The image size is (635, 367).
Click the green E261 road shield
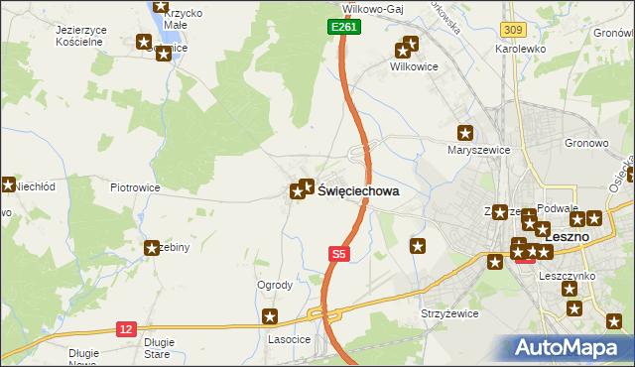coord(344,28)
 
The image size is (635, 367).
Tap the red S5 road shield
coord(339,255)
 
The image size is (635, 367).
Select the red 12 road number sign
coord(126,328)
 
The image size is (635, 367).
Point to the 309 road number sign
coord(513,31)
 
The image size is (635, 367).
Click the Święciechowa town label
coord(358,195)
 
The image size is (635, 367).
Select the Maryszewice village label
coord(478,151)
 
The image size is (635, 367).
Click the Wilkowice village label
coord(413,67)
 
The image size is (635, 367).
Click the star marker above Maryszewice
coord(464,133)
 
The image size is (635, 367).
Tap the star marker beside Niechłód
coord(7,183)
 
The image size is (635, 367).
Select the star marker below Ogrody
coord(269,316)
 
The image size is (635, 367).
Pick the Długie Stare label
coord(159,347)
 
